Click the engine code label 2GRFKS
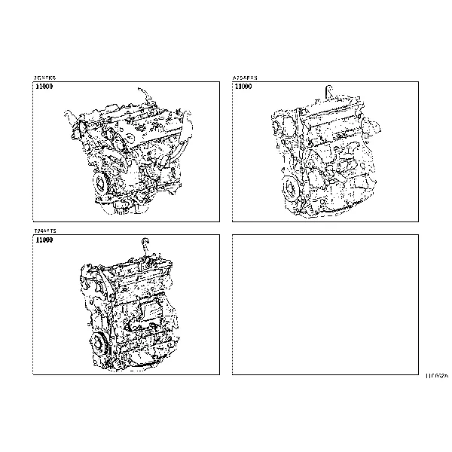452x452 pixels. tap(44, 78)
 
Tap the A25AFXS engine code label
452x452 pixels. tap(246, 78)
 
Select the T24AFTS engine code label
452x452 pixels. tap(44, 231)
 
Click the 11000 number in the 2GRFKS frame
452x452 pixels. tap(44, 88)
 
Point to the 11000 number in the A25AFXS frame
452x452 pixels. tap(245, 88)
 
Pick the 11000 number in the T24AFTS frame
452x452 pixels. tap(44, 240)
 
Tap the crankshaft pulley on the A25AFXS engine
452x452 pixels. tap(289, 188)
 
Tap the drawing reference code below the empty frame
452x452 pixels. tap(435, 375)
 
